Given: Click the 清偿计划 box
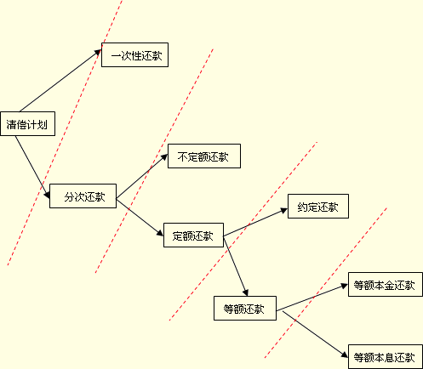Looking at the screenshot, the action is (x=27, y=124).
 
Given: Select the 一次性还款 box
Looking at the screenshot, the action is (x=134, y=55).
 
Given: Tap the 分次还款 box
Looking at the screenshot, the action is (x=83, y=196).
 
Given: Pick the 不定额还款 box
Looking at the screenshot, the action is (x=204, y=156).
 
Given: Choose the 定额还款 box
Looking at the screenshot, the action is (x=193, y=236).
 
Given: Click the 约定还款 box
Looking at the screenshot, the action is (x=318, y=207).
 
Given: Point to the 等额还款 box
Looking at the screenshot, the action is (x=245, y=309).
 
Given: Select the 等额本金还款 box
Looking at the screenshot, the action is (x=386, y=285).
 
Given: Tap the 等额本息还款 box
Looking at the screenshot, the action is (x=386, y=357).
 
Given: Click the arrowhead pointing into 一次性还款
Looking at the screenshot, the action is (x=98, y=52).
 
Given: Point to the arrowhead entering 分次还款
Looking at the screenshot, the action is (x=47, y=195).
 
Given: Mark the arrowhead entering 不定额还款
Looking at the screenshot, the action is (x=164, y=157).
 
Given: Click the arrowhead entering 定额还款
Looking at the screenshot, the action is (x=160, y=232).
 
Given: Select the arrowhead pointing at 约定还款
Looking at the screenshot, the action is (x=284, y=210).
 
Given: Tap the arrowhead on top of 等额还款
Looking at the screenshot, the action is (x=245, y=292).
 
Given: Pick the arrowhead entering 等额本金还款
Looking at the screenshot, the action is (x=345, y=286).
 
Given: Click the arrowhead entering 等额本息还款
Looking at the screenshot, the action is (x=345, y=355).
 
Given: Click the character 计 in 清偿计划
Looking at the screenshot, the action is (x=31, y=124).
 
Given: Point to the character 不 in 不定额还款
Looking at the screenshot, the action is (x=183, y=156).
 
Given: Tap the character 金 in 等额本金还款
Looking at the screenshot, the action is (x=390, y=285).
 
